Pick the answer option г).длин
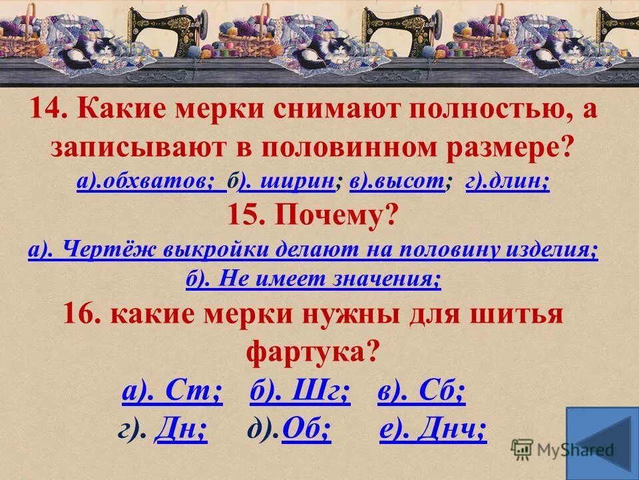point(508,182)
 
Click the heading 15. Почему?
point(314,215)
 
